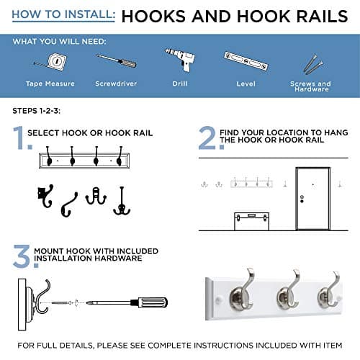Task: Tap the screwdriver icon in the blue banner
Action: tap(117, 61)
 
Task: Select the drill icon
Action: tap(180, 59)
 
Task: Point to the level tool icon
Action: tap(246, 61)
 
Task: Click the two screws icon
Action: tap(312, 64)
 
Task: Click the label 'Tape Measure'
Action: tap(50, 84)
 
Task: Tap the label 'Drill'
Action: tap(180, 84)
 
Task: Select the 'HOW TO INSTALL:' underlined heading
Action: tap(63, 15)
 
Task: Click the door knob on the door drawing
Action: tap(302, 199)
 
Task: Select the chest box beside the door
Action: tap(251, 221)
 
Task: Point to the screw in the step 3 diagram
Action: tap(62, 303)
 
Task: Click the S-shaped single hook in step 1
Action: tap(69, 204)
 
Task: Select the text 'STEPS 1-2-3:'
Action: tap(37, 111)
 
